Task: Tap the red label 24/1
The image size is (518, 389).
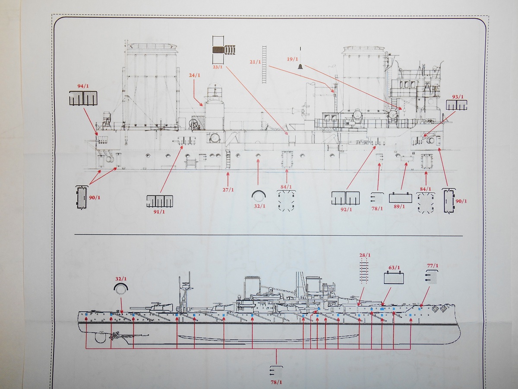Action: [195, 75]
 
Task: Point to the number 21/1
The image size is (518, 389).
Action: [256, 62]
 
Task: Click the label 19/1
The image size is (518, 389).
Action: [293, 58]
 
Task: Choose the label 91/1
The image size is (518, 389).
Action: [159, 211]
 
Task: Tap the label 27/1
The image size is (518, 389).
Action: [228, 190]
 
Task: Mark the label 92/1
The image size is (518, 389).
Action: [346, 209]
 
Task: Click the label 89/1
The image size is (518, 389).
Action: [400, 207]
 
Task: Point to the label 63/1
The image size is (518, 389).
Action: [394, 268]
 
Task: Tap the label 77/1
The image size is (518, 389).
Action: [432, 265]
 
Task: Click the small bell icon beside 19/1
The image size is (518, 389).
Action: [300, 66]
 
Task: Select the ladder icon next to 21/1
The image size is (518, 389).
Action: [264, 64]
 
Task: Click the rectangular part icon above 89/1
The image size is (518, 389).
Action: [400, 198]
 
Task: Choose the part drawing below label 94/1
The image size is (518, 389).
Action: [83, 99]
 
